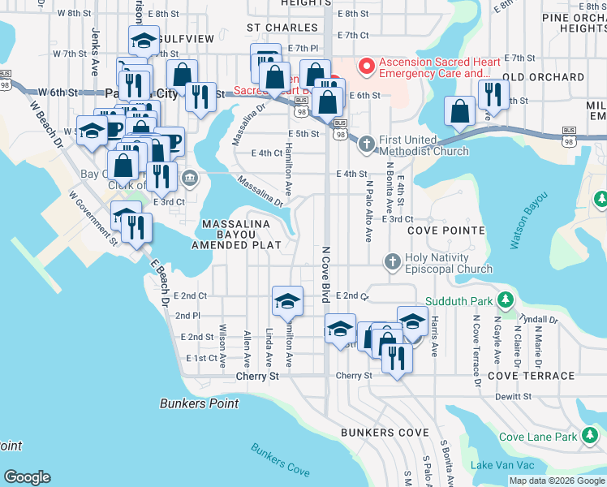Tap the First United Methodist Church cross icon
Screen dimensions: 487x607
point(366,144)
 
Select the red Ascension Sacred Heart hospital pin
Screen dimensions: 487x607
point(367,66)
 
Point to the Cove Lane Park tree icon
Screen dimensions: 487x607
point(589,437)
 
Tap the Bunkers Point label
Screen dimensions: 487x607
point(199,403)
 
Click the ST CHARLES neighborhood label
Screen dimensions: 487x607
point(276,28)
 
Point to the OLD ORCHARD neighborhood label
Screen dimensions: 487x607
point(544,77)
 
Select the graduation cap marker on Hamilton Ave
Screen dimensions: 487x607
point(286,302)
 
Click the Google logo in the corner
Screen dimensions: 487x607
point(26,477)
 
